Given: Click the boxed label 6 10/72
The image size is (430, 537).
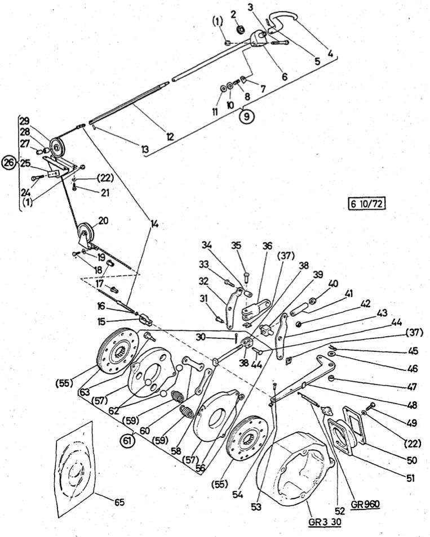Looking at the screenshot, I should [x=367, y=203].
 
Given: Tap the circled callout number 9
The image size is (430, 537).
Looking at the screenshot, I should [x=247, y=117].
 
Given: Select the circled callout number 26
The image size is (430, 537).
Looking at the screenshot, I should [x=8, y=163].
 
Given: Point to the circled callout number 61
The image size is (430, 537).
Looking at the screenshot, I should [x=127, y=442].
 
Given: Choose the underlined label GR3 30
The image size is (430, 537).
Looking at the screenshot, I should [x=325, y=521].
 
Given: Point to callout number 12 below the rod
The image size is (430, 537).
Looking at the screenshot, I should [x=170, y=136].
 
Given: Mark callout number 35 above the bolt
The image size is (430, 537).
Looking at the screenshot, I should [x=236, y=246].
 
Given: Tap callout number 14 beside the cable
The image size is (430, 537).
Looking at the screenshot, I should [x=154, y=223].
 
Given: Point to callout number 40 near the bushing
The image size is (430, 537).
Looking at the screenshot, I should [x=333, y=284].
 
